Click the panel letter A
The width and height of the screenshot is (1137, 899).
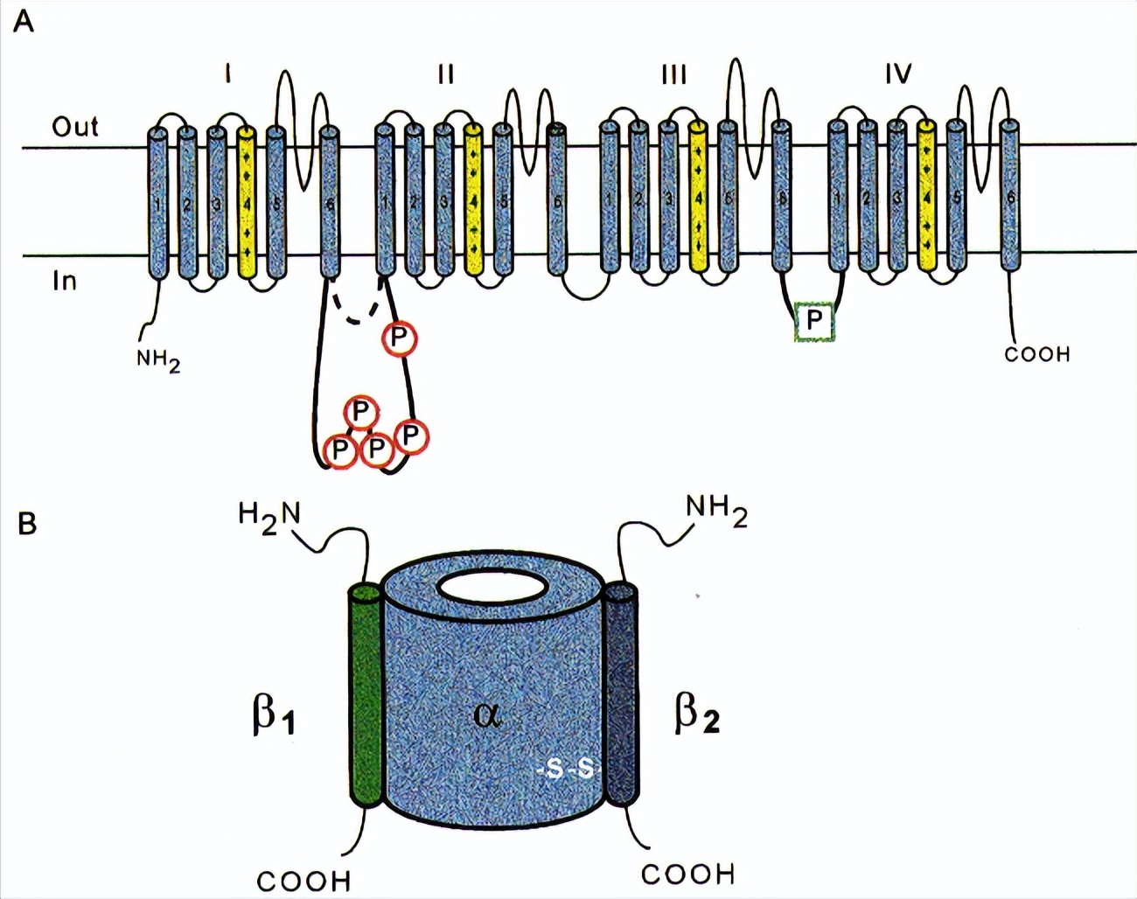click(24, 21)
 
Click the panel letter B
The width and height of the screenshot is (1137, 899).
click(27, 524)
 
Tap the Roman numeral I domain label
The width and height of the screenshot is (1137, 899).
click(228, 74)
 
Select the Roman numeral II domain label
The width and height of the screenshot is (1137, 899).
click(445, 74)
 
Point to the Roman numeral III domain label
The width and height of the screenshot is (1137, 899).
click(673, 74)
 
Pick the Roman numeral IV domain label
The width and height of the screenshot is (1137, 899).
click(898, 74)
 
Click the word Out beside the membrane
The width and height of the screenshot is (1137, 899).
click(75, 127)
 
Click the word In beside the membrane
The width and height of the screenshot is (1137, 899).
click(65, 282)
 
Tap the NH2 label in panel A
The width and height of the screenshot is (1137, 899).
click(158, 360)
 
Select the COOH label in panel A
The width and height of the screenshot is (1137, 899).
click(1036, 354)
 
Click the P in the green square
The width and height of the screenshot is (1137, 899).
click(814, 321)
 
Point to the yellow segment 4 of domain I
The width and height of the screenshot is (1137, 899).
click(248, 202)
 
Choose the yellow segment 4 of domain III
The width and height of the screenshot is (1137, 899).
click(698, 202)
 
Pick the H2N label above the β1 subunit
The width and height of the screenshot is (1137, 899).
click(269, 513)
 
